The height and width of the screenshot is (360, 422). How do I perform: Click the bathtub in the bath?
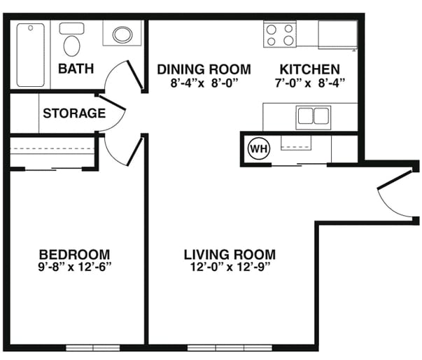tap(30, 55)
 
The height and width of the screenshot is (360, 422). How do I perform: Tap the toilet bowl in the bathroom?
tap(72, 46)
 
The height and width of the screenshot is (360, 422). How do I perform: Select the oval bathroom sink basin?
tap(122, 35)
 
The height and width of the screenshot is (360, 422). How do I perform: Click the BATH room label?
tap(76, 69)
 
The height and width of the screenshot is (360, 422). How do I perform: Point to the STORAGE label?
tap(74, 113)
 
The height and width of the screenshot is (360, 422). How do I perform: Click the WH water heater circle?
tap(259, 148)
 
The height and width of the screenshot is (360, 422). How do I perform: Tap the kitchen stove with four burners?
tap(280, 35)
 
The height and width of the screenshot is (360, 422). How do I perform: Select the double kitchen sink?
tap(314, 118)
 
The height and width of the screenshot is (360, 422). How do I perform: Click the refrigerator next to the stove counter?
tap(338, 35)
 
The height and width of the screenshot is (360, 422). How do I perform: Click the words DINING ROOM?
tap(204, 69)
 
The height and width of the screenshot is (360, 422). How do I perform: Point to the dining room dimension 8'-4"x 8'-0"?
tap(204, 83)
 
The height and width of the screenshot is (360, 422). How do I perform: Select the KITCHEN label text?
tap(310, 69)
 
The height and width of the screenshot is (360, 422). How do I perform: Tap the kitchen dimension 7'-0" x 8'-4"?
tap(310, 83)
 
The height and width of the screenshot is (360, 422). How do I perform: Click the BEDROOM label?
tap(75, 254)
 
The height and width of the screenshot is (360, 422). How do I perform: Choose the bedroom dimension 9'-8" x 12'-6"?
tap(75, 267)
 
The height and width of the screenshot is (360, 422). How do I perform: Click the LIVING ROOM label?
tap(230, 254)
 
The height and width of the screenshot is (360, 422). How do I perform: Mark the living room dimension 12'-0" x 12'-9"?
tap(230, 267)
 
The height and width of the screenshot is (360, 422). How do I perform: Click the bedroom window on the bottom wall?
tap(93, 347)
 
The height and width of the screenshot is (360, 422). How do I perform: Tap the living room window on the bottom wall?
tap(230, 347)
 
